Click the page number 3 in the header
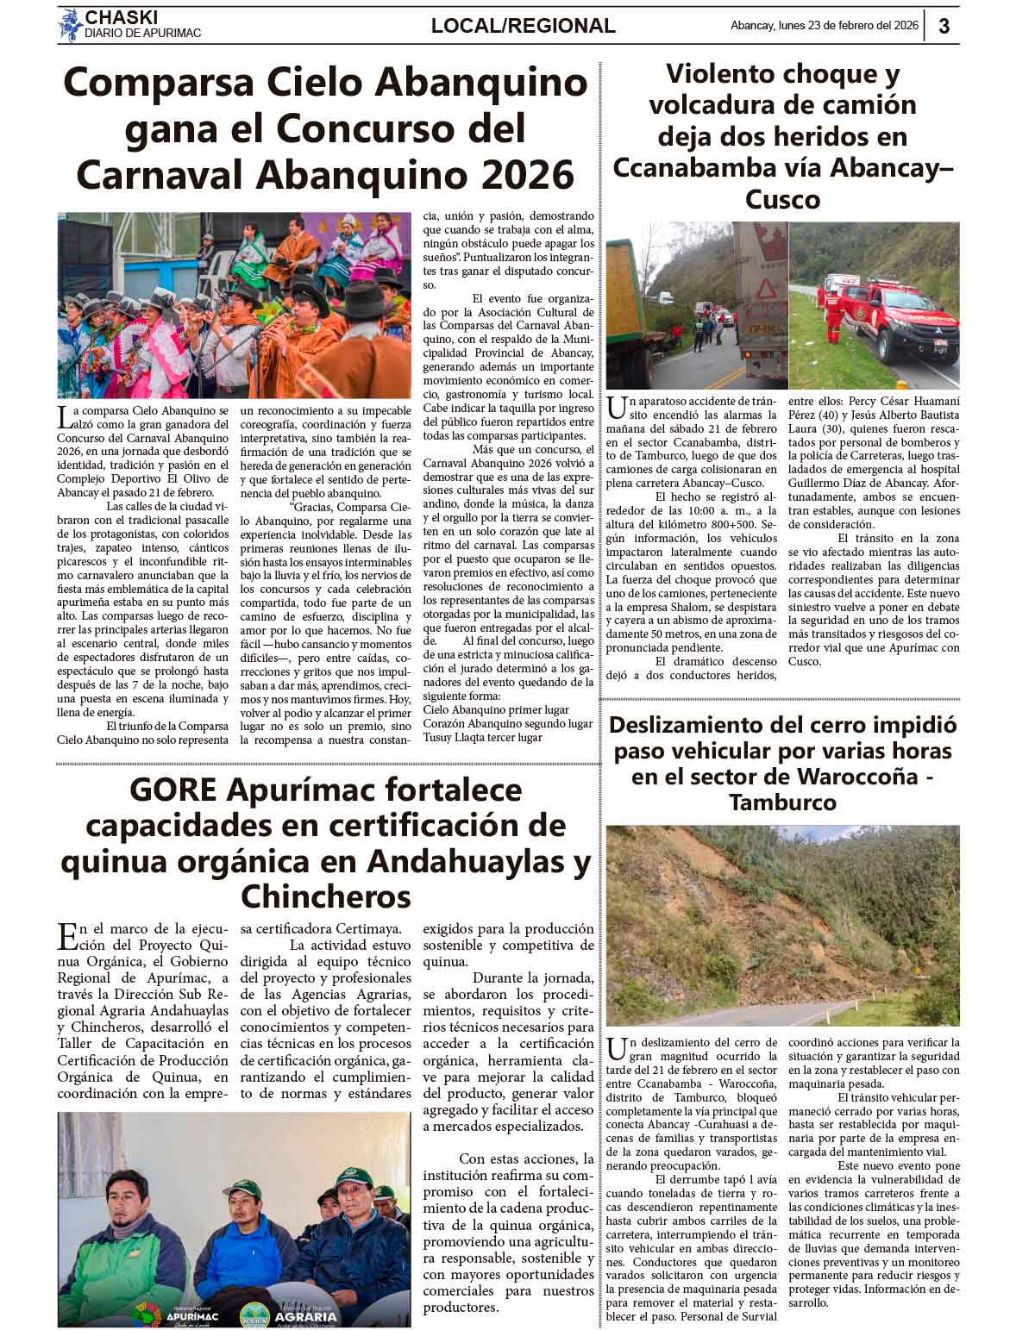[944, 27]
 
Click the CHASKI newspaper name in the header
[122, 16]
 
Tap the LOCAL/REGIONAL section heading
[523, 27]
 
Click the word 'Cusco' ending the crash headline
[782, 199]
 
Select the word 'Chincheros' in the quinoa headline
[326, 896]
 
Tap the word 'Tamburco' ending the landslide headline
[782, 802]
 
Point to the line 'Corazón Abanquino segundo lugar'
[507, 724]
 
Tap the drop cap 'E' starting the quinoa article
[66, 935]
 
